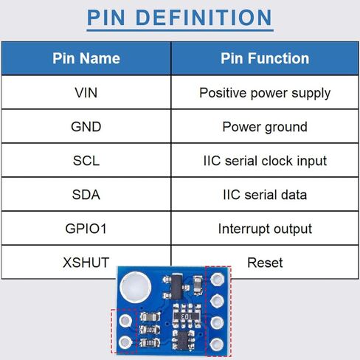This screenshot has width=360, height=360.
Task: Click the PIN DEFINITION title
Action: coord(179,18)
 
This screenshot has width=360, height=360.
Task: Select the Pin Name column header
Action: coord(86,58)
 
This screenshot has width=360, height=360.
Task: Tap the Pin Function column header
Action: coord(265,58)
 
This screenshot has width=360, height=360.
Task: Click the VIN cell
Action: coord(86,93)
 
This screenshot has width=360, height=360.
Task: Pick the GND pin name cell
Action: coord(86,127)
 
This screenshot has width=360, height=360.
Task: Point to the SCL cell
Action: coord(86,161)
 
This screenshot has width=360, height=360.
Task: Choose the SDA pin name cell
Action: coord(86,195)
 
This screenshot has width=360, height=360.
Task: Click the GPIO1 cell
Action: coord(86,229)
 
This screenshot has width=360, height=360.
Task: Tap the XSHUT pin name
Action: coord(86,263)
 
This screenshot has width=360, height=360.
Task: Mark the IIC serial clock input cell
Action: coord(265,161)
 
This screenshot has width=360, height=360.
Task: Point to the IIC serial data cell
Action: coord(265,195)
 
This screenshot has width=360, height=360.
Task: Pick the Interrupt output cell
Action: coord(265,229)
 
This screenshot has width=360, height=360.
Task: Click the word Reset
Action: coord(265,263)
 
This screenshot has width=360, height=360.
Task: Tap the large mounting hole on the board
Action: coord(135,287)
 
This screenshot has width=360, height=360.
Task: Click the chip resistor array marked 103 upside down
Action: coord(186,316)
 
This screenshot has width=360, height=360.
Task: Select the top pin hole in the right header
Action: coord(218,279)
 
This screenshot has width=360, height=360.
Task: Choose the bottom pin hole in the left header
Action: coord(125,342)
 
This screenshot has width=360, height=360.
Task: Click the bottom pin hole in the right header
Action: coord(217,344)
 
